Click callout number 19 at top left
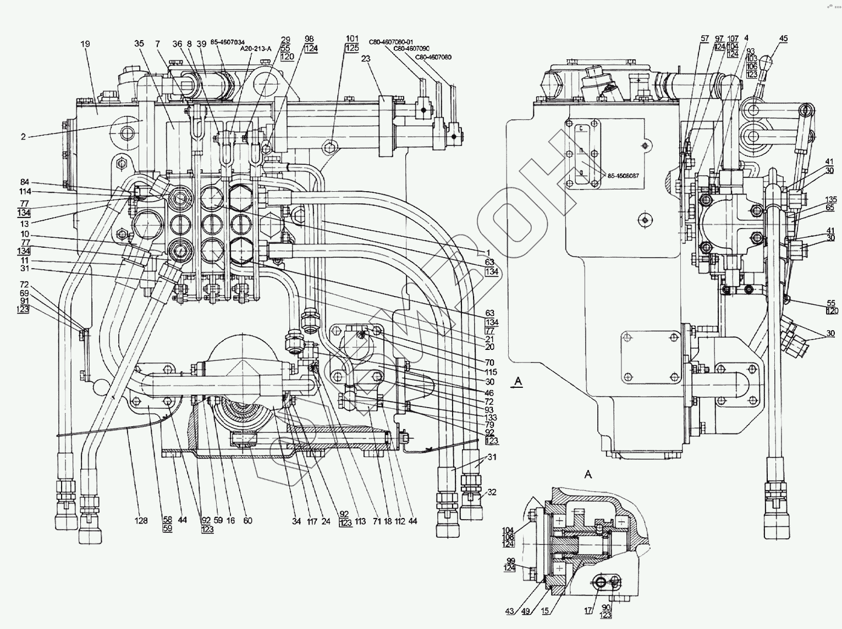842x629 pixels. click(x=85, y=43)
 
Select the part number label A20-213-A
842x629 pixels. click(x=256, y=48)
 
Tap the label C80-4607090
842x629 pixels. click(x=411, y=48)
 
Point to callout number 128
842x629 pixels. click(x=141, y=521)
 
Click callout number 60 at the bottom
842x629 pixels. click(x=247, y=521)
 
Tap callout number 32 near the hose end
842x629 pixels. click(x=491, y=492)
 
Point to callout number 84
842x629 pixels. click(x=25, y=182)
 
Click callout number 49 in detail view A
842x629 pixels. click(x=526, y=611)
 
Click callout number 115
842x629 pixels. click(x=489, y=372)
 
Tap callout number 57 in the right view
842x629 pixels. click(x=705, y=38)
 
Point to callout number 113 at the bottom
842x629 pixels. click(x=360, y=521)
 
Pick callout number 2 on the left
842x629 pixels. click(x=23, y=137)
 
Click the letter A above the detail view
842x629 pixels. click(x=588, y=474)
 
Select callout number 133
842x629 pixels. click(x=489, y=418)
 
